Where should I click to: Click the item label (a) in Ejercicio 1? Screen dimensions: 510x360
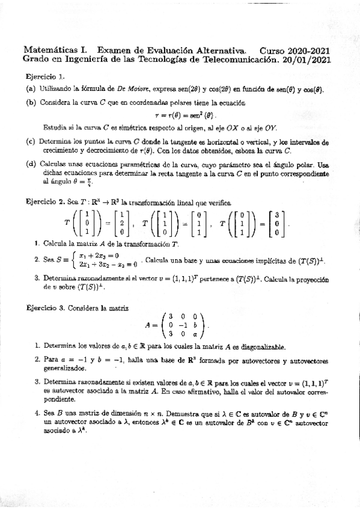click(x=31, y=90)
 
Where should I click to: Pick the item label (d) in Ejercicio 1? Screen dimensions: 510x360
click(x=31, y=164)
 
